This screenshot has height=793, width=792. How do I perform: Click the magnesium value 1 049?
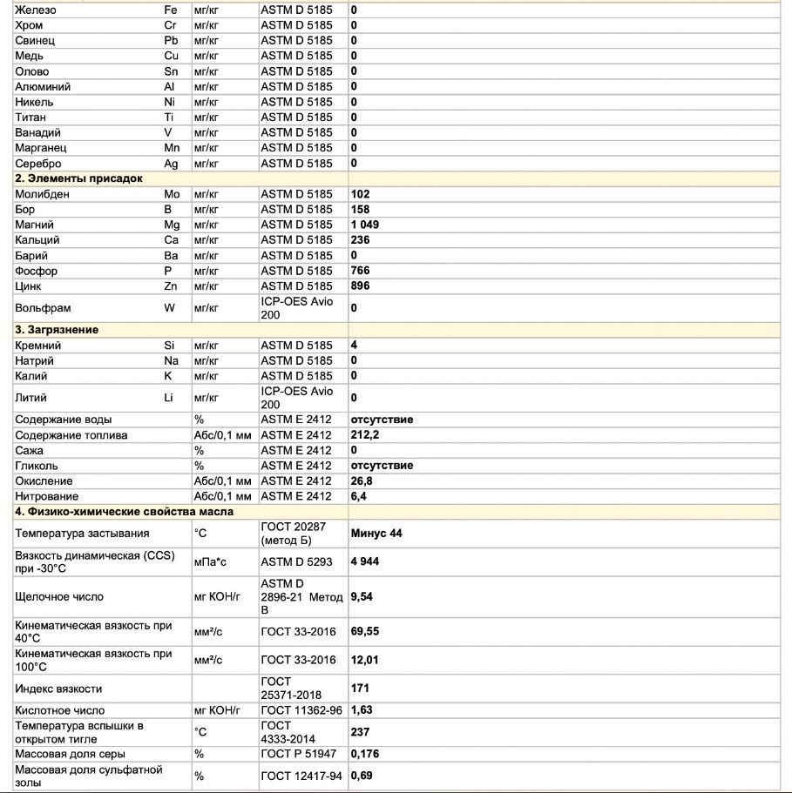coord(364,225)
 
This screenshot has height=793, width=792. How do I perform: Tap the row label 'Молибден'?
coord(42,194)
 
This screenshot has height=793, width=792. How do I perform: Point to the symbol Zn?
coord(171,286)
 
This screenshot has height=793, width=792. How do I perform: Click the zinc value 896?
coord(360,286)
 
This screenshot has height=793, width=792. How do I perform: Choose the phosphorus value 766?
coord(360,271)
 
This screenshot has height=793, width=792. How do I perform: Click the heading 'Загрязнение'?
coord(57,330)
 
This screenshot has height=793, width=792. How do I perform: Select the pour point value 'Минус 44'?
coord(376,533)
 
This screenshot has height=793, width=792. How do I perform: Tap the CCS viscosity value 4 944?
coord(364,561)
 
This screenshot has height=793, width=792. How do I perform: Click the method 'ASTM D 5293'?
coord(296,561)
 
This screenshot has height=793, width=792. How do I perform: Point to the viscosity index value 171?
coord(360,688)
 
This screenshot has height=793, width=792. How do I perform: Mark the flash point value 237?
coord(360,732)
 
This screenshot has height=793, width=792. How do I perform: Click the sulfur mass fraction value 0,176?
coord(364,753)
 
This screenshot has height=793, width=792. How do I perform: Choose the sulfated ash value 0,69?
coord(362,775)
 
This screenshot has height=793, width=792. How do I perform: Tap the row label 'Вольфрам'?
coord(43,307)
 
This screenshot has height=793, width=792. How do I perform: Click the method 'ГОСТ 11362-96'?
coord(298,710)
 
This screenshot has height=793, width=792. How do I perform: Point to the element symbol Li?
coord(169,398)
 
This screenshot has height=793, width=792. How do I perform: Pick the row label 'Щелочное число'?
coord(59,596)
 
